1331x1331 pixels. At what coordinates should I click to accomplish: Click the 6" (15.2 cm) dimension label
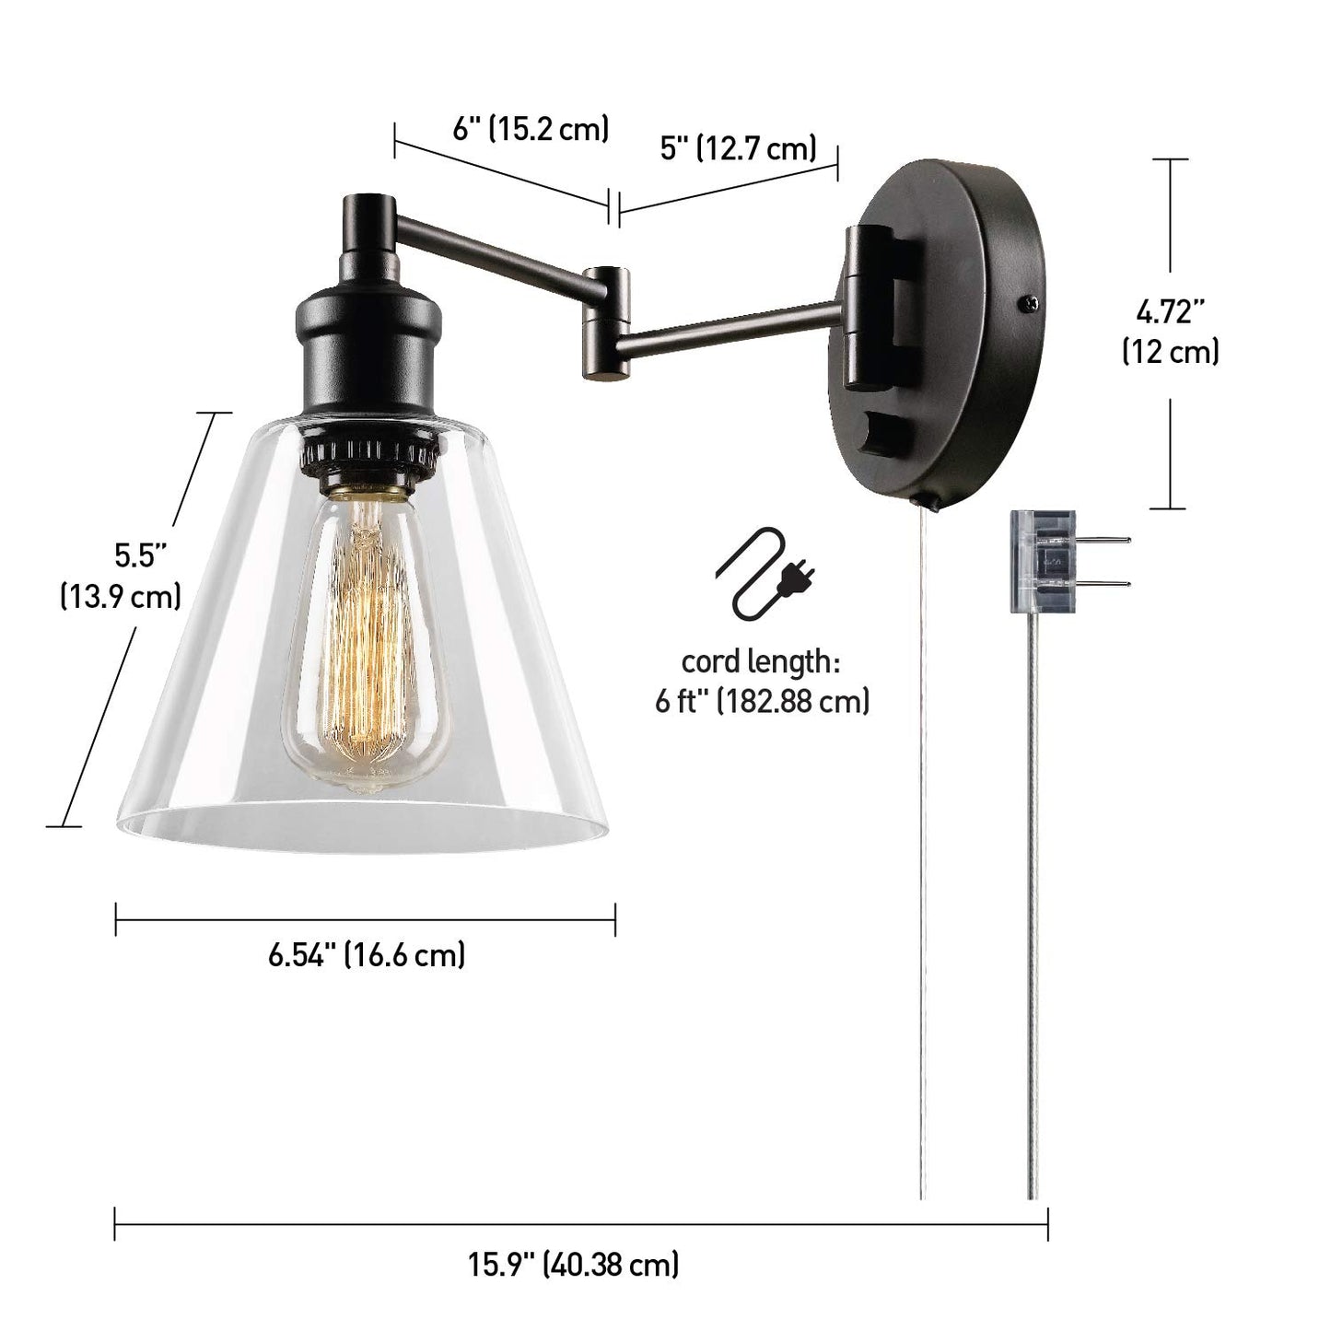531,129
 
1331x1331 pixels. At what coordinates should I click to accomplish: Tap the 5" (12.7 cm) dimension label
739,148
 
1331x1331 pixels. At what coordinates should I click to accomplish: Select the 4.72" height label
1170,313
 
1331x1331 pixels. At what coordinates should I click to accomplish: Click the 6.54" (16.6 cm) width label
366,955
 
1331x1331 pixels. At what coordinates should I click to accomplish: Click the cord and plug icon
765,574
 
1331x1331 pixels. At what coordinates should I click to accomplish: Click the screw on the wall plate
1029,302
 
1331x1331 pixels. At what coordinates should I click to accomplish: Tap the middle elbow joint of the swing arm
604,322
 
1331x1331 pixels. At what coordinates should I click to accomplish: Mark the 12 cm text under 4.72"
1170,353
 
